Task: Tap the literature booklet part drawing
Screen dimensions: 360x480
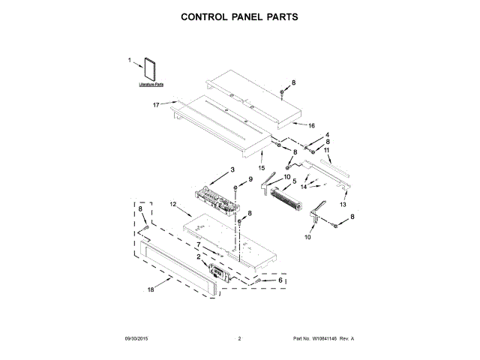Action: (x=151, y=69)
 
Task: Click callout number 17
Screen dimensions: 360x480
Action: (x=157, y=104)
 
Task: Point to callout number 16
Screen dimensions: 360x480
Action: (x=311, y=126)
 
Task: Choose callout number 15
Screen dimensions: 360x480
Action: (x=262, y=158)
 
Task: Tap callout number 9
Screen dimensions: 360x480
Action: (x=250, y=178)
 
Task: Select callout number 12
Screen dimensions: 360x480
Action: (x=172, y=204)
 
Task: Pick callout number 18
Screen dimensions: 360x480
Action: (x=150, y=288)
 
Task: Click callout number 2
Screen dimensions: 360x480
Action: (x=199, y=256)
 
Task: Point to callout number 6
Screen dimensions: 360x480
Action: (x=280, y=280)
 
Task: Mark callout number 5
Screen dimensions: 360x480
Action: (x=294, y=181)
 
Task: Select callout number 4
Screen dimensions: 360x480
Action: (x=327, y=135)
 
